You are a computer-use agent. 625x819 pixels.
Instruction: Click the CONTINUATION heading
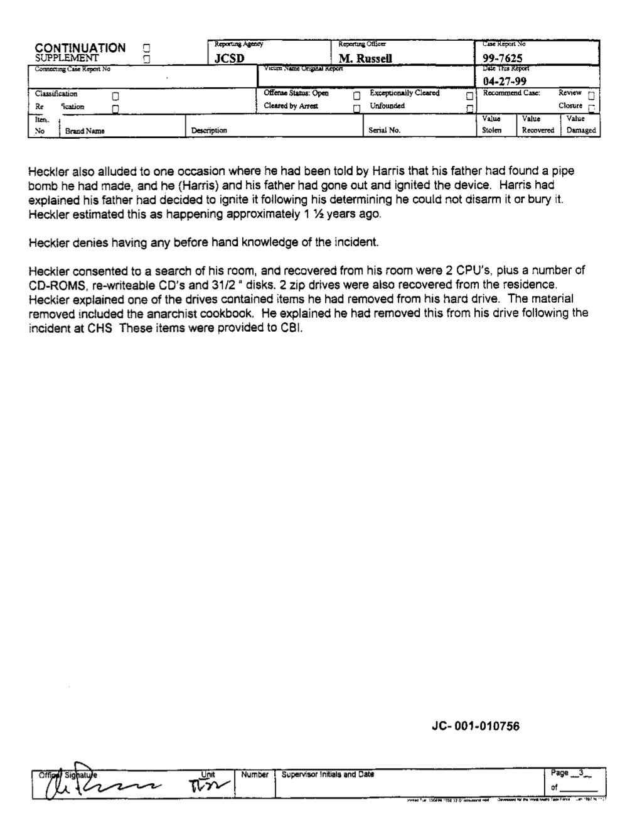click(80, 48)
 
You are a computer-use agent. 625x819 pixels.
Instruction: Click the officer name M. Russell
click(365, 58)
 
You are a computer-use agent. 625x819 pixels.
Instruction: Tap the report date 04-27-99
click(505, 81)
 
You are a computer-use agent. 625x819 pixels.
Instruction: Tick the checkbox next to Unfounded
click(469, 108)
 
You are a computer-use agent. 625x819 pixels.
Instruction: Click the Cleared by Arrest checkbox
click(356, 108)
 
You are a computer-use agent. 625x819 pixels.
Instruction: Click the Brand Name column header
click(85, 131)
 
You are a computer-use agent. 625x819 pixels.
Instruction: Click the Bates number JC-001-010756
click(476, 727)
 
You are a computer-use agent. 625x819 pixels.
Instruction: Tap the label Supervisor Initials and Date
click(328, 774)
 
